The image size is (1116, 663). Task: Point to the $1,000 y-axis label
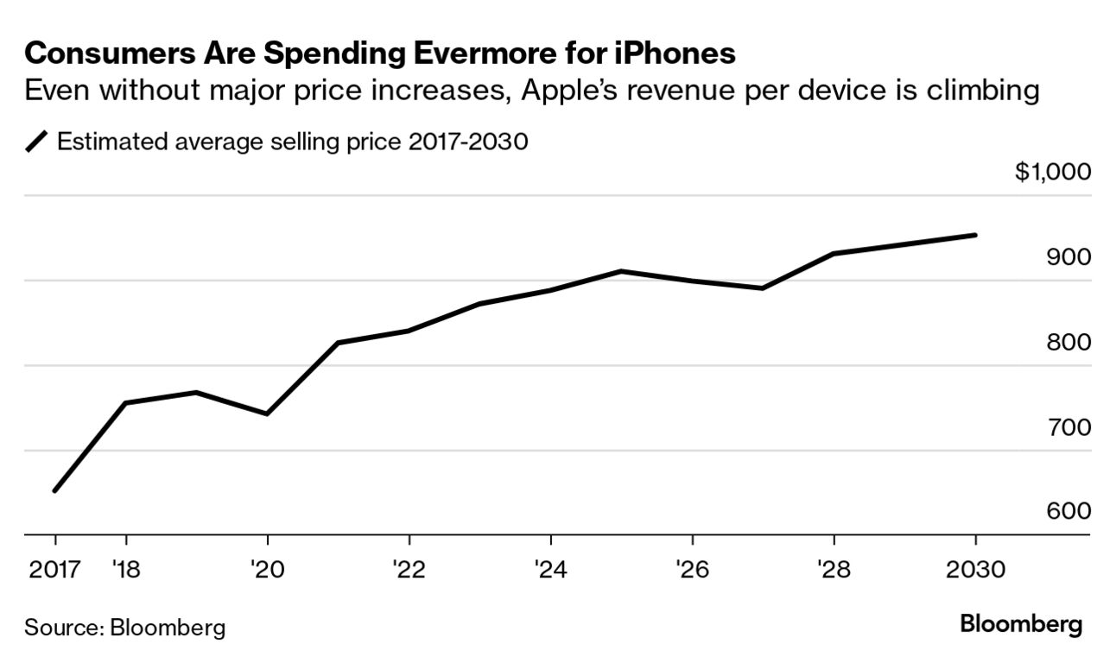(x=1053, y=172)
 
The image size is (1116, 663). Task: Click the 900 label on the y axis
(x=1068, y=257)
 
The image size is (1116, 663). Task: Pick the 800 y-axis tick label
(x=1068, y=343)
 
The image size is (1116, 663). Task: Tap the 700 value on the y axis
(x=1068, y=427)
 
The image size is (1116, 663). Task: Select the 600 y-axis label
(x=1068, y=511)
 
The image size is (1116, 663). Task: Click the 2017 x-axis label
(x=55, y=571)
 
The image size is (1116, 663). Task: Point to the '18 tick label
(x=126, y=571)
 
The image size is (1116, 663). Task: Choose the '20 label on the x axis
(x=267, y=571)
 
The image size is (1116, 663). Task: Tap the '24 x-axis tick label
(x=550, y=571)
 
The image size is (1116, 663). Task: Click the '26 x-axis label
(x=692, y=571)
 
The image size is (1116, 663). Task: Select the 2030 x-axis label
(x=975, y=571)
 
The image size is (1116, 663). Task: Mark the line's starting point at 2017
(x=55, y=490)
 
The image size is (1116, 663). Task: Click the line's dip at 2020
(x=267, y=414)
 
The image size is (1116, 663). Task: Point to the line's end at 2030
(x=975, y=235)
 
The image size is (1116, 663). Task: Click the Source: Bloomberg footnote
(x=124, y=627)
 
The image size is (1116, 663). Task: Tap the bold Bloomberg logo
(x=1021, y=624)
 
